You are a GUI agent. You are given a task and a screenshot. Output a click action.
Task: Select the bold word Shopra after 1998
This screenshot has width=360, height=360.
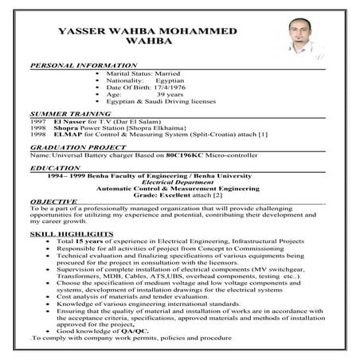pyautogui.click(x=65, y=129)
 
